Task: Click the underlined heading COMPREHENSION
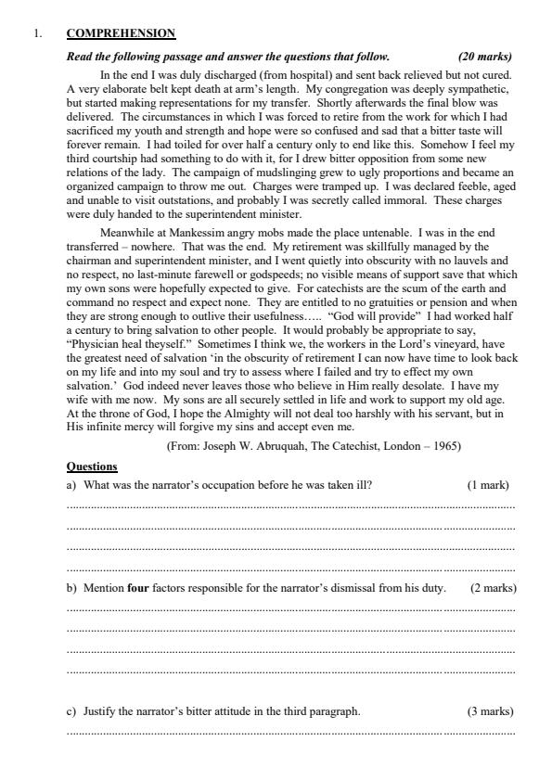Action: click(x=121, y=33)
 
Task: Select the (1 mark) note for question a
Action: click(x=488, y=485)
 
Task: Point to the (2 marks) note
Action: click(x=494, y=588)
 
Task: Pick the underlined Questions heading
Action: click(x=92, y=467)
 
